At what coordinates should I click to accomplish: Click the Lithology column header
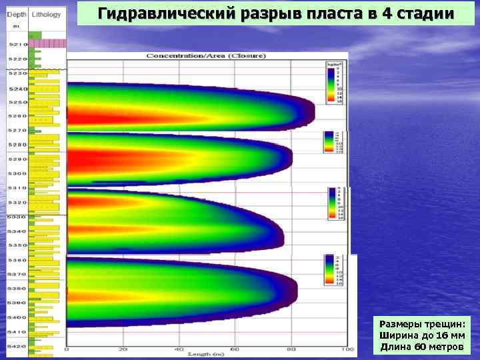point(47,14)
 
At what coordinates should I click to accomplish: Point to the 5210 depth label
point(17,44)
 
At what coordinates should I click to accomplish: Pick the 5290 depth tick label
point(17,159)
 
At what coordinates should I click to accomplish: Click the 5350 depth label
point(17,246)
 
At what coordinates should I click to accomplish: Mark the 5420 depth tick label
point(17,347)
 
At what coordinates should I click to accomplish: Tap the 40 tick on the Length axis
point(179,349)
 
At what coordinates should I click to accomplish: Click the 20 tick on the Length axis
point(123,349)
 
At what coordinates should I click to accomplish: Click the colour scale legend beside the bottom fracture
point(333,269)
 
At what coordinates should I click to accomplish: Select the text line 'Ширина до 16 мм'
point(421,335)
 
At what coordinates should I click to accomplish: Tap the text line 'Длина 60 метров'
point(421,347)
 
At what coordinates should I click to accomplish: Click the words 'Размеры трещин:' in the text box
point(421,323)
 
